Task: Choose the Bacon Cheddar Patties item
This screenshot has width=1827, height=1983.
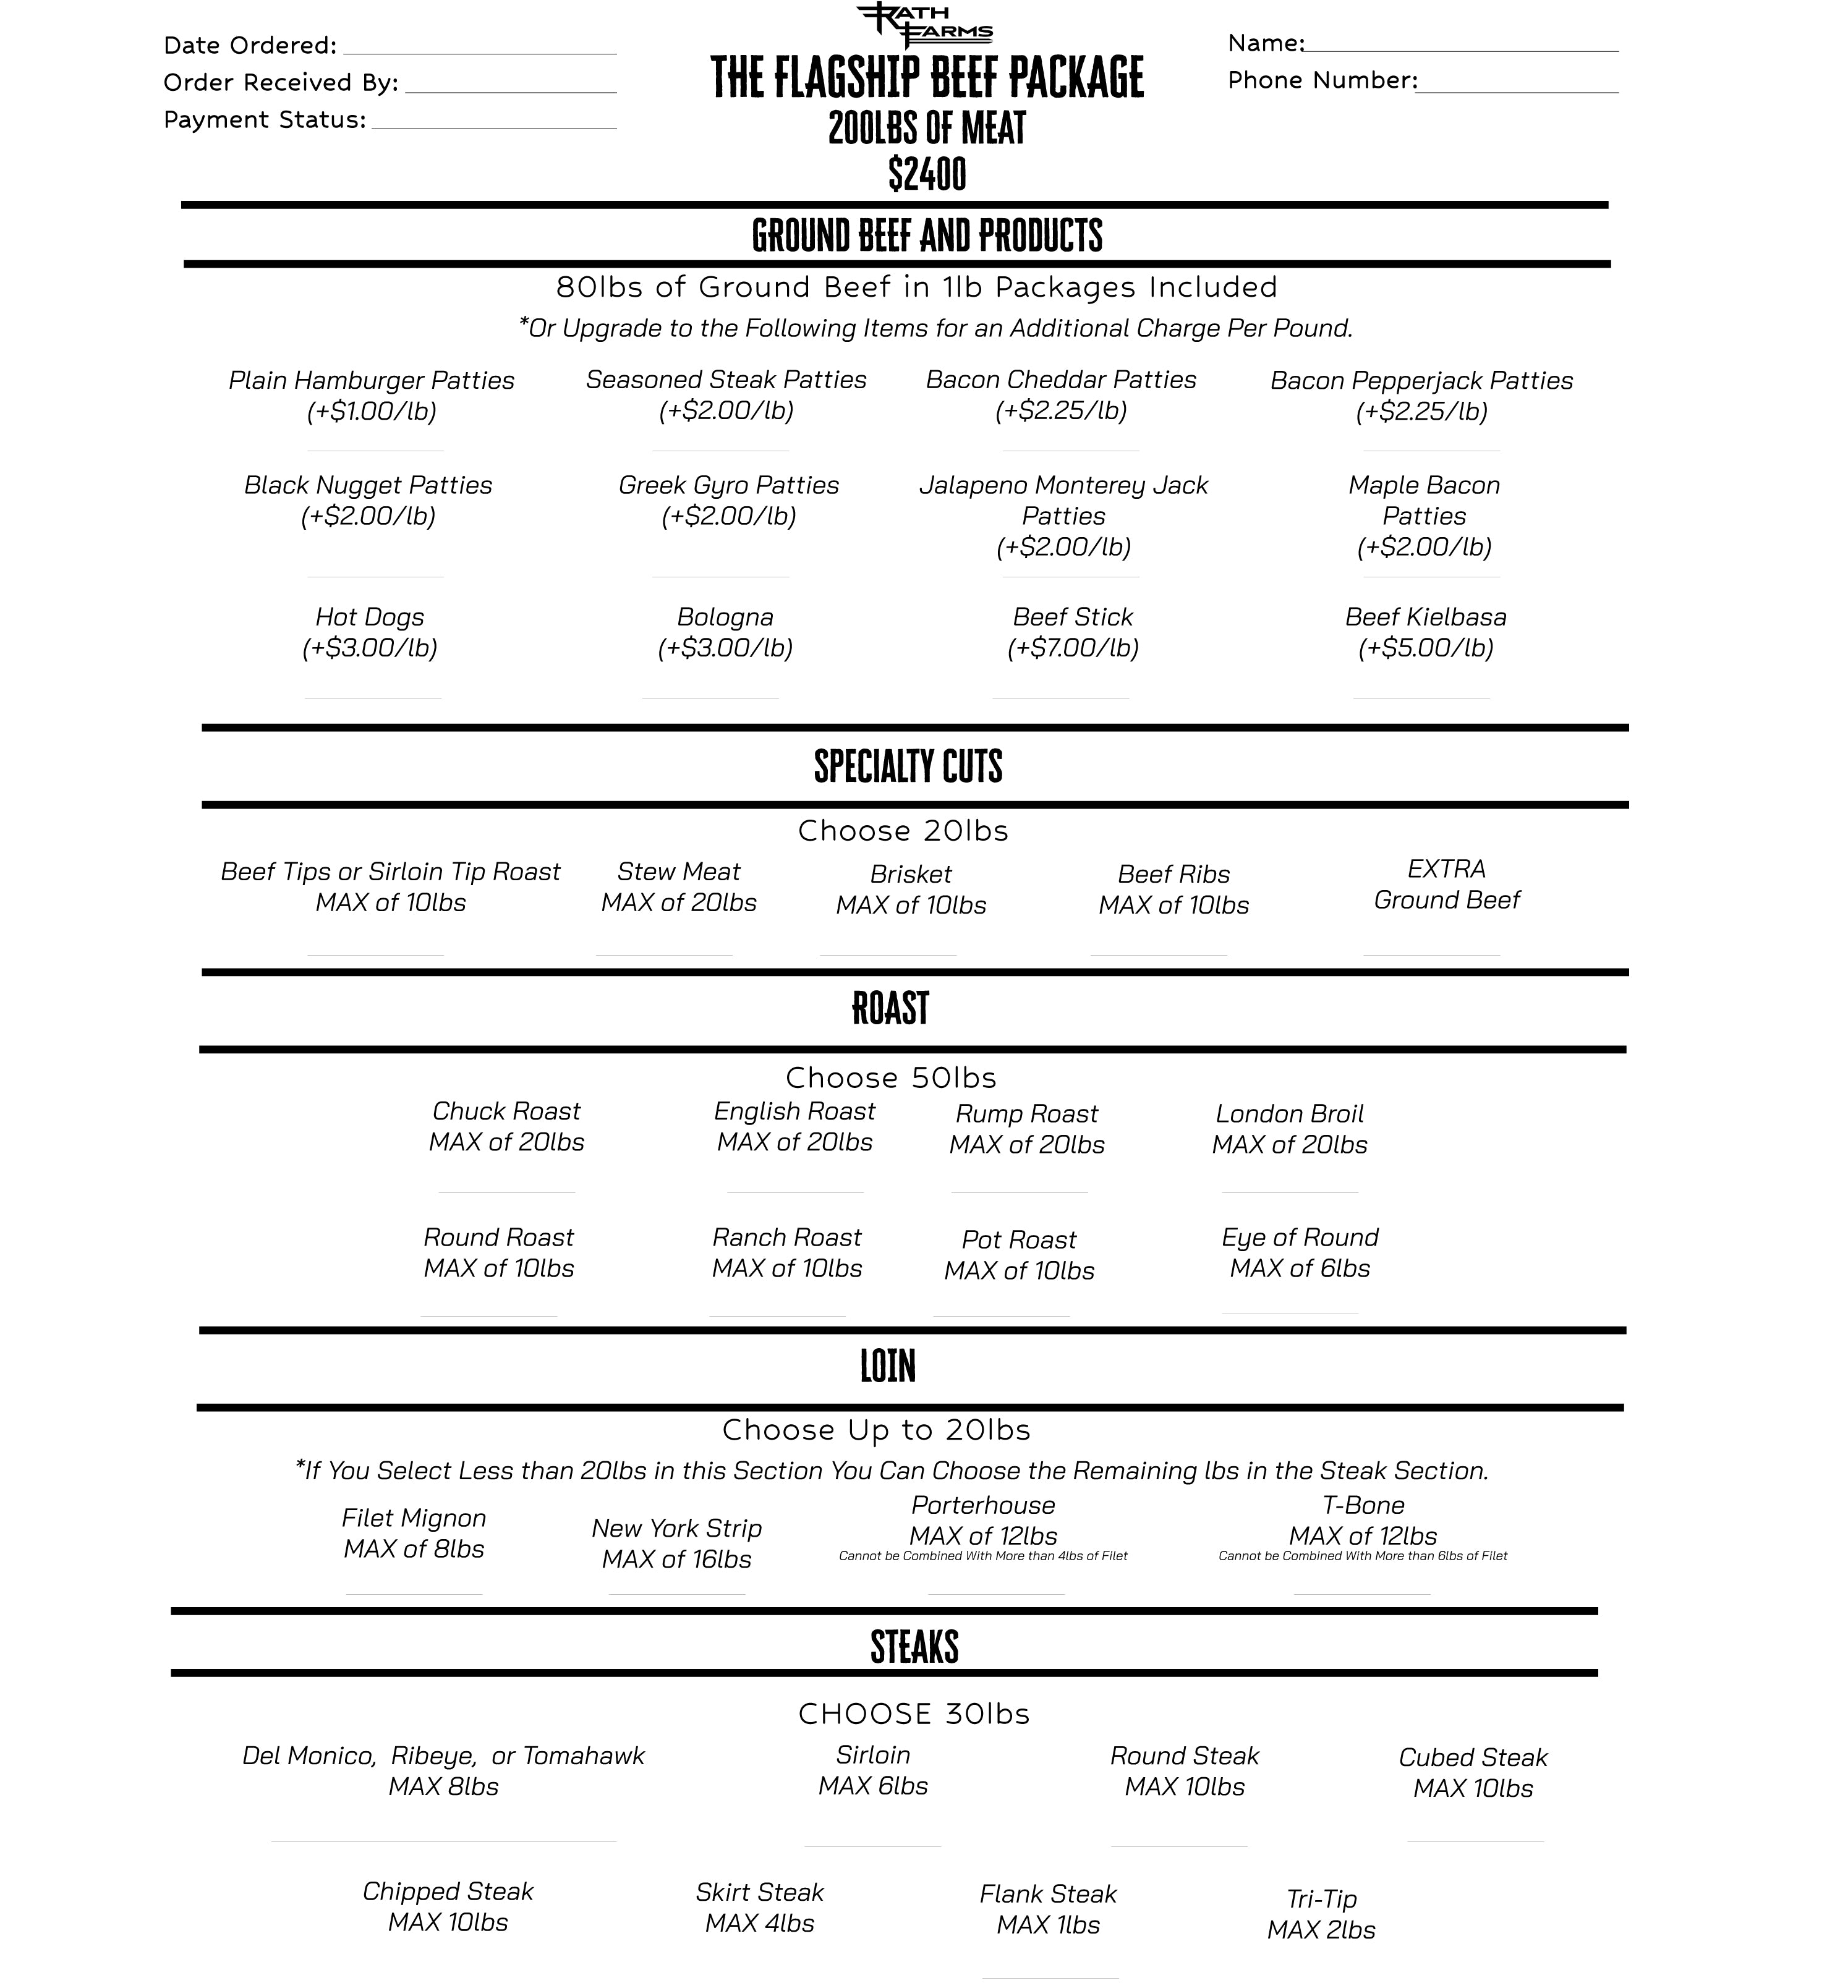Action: (x=1061, y=381)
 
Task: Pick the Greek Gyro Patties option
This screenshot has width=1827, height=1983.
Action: (x=728, y=485)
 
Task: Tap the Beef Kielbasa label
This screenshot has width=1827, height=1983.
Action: (x=1426, y=617)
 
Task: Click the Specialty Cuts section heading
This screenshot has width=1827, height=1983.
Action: (x=908, y=766)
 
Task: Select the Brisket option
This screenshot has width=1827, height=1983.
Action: (x=911, y=874)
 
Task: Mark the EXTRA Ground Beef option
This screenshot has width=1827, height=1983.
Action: (x=1446, y=885)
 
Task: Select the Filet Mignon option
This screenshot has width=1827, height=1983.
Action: (x=413, y=1518)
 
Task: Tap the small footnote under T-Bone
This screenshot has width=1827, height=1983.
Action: (x=1362, y=1556)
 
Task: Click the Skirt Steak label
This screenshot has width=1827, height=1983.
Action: (x=759, y=1892)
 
